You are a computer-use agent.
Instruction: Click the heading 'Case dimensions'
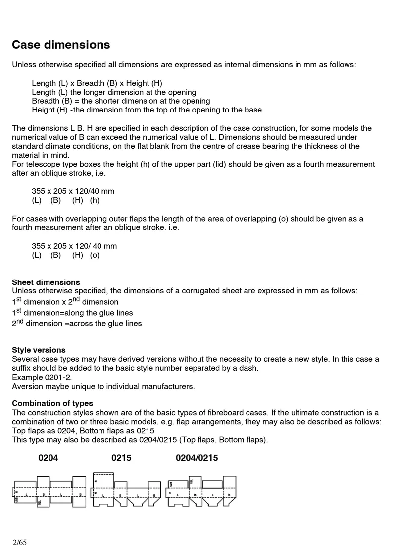click(x=61, y=45)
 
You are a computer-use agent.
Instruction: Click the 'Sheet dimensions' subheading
click(x=46, y=282)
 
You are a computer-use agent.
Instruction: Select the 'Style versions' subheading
click(x=39, y=350)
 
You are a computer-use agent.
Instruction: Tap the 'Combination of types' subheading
click(x=52, y=403)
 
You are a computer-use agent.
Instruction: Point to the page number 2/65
click(x=20, y=543)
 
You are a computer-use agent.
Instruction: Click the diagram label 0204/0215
click(x=197, y=458)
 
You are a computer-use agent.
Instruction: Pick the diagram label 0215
click(x=121, y=458)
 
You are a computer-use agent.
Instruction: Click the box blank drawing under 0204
click(x=49, y=492)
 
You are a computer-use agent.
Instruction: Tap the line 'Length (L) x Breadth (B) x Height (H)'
click(x=97, y=83)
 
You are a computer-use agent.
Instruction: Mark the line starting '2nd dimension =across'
click(x=77, y=324)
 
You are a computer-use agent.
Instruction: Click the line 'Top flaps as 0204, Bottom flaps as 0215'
click(x=83, y=430)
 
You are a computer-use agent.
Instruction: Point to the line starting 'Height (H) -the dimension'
click(x=147, y=110)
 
